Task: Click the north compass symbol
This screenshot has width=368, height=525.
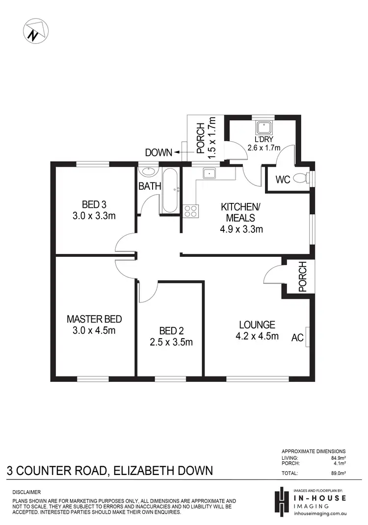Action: (36, 31)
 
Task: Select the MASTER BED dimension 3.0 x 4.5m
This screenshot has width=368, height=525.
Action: (94, 330)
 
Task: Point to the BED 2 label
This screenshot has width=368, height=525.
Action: (171, 331)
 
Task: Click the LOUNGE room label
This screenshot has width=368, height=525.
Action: (257, 325)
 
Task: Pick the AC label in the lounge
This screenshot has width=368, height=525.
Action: (297, 337)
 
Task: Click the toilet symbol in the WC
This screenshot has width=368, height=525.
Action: (309, 178)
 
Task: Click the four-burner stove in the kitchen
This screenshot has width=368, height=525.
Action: (190, 210)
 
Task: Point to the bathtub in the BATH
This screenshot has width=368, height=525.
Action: (170, 191)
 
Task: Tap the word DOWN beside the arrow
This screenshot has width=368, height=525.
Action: (158, 153)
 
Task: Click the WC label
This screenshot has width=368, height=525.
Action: (283, 179)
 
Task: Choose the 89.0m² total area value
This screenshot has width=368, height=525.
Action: (337, 474)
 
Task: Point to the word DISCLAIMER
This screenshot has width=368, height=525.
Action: (26, 492)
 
